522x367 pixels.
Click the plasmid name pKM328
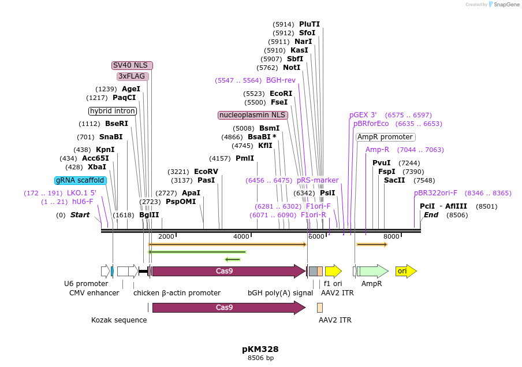[260, 349]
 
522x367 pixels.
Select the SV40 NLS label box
[132, 65]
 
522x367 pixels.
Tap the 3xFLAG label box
[133, 76]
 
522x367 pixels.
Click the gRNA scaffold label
[80, 180]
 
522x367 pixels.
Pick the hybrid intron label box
[112, 111]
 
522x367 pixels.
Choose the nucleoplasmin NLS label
[252, 115]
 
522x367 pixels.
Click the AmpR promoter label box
[385, 137]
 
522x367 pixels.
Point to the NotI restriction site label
[292, 68]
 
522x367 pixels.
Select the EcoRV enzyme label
[206, 172]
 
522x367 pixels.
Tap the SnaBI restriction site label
[111, 137]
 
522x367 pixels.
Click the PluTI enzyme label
[310, 24]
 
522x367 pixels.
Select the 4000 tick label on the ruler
[241, 236]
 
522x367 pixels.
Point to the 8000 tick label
[391, 236]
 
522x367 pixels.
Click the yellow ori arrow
[405, 270]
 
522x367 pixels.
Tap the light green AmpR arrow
[374, 270]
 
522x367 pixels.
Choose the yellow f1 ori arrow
[333, 270]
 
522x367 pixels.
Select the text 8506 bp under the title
[260, 358]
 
